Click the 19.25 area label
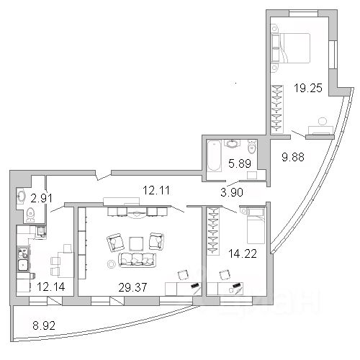[308, 88]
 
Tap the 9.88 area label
[293, 157]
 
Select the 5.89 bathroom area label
[240, 163]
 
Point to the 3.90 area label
[232, 192]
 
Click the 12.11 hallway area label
[156, 190]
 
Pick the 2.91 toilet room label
[42, 198]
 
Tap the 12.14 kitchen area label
[51, 287]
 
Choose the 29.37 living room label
[132, 287]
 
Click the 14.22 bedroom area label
[243, 253]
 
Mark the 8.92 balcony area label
[44, 325]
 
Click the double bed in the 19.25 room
[291, 48]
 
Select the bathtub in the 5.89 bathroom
[214, 156]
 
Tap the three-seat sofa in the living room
[137, 260]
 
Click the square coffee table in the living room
[136, 244]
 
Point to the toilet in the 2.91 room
[30, 215]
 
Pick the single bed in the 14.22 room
[256, 226]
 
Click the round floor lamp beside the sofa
[112, 264]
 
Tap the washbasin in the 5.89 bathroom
[232, 143]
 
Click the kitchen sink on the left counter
[23, 265]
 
